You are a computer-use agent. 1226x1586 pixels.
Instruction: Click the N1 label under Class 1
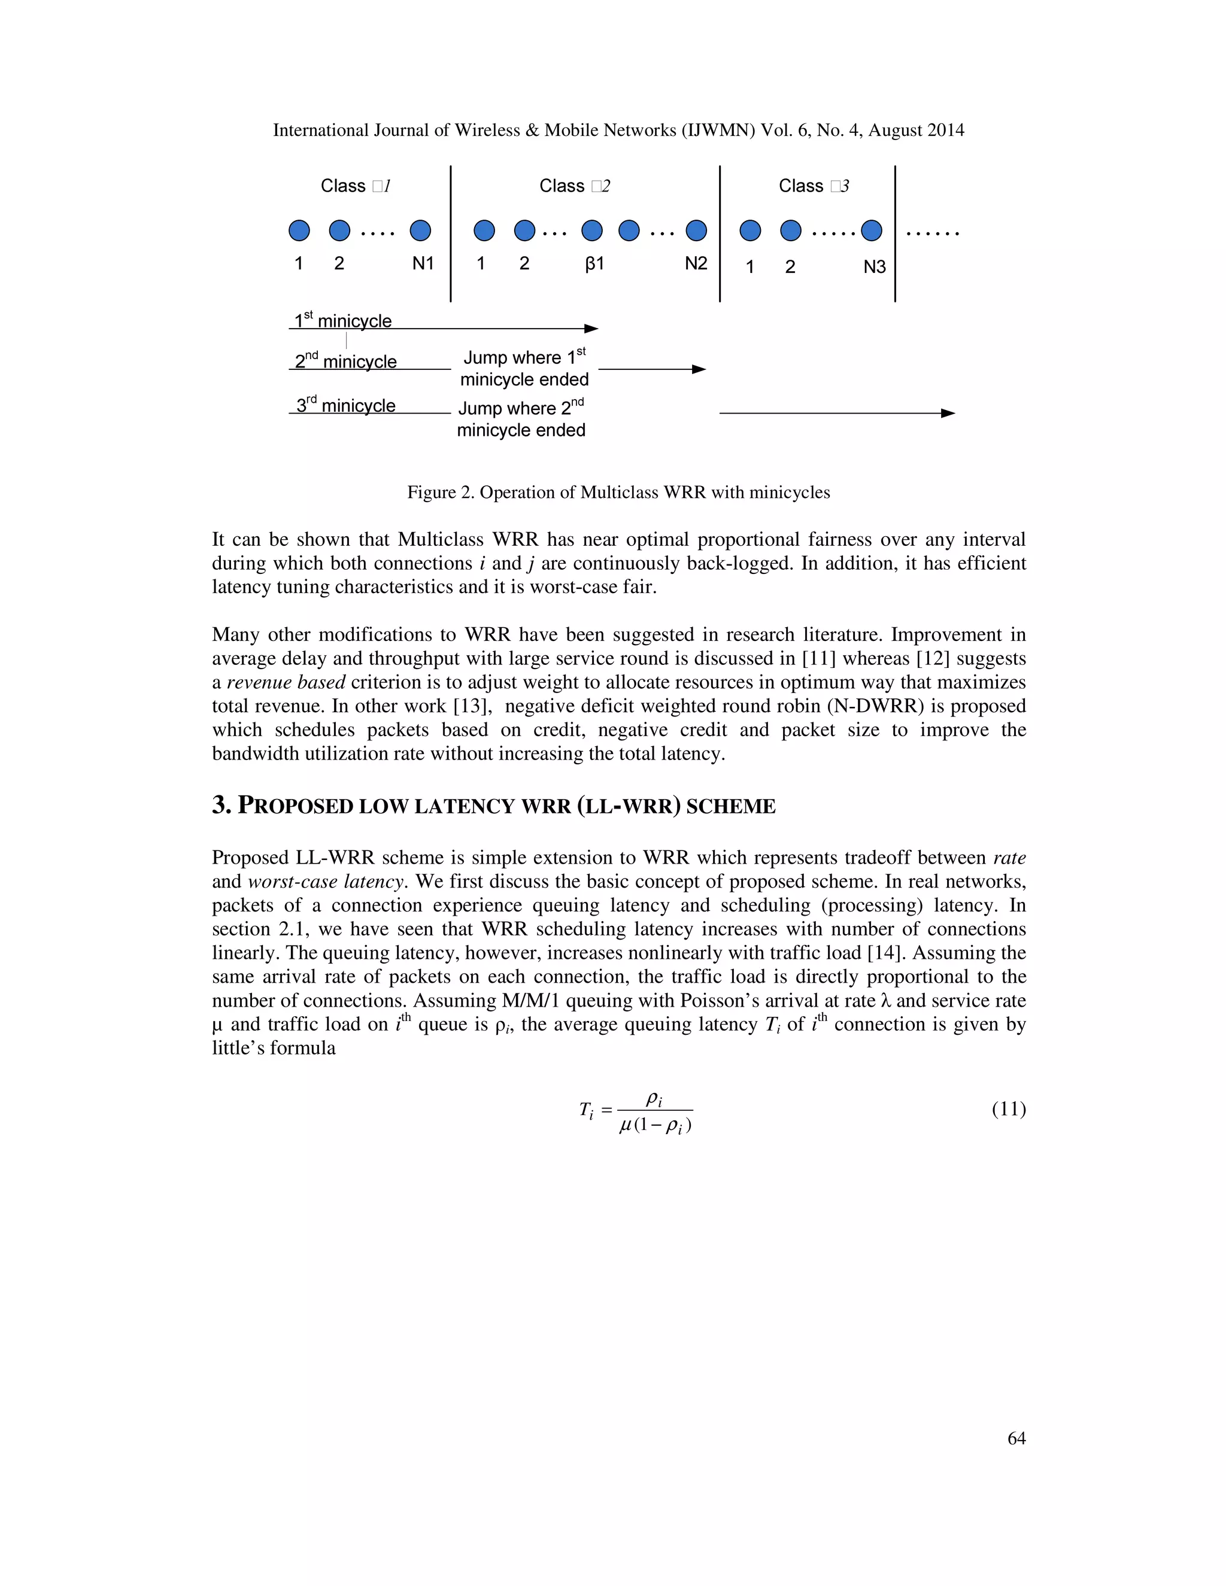[423, 263]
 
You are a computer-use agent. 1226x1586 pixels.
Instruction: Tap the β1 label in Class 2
[594, 263]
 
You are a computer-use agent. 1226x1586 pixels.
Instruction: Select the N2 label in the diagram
[696, 263]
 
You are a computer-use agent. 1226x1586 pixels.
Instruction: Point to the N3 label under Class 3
[875, 268]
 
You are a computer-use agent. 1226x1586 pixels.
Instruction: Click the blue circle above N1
[420, 231]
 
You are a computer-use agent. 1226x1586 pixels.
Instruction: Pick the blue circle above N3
[872, 231]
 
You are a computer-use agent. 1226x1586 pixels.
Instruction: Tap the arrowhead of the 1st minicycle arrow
[592, 329]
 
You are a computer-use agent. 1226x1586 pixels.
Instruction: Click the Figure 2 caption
[618, 493]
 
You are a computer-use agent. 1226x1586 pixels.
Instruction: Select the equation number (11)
[1008, 1109]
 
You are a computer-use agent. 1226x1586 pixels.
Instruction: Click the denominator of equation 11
[655, 1126]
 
